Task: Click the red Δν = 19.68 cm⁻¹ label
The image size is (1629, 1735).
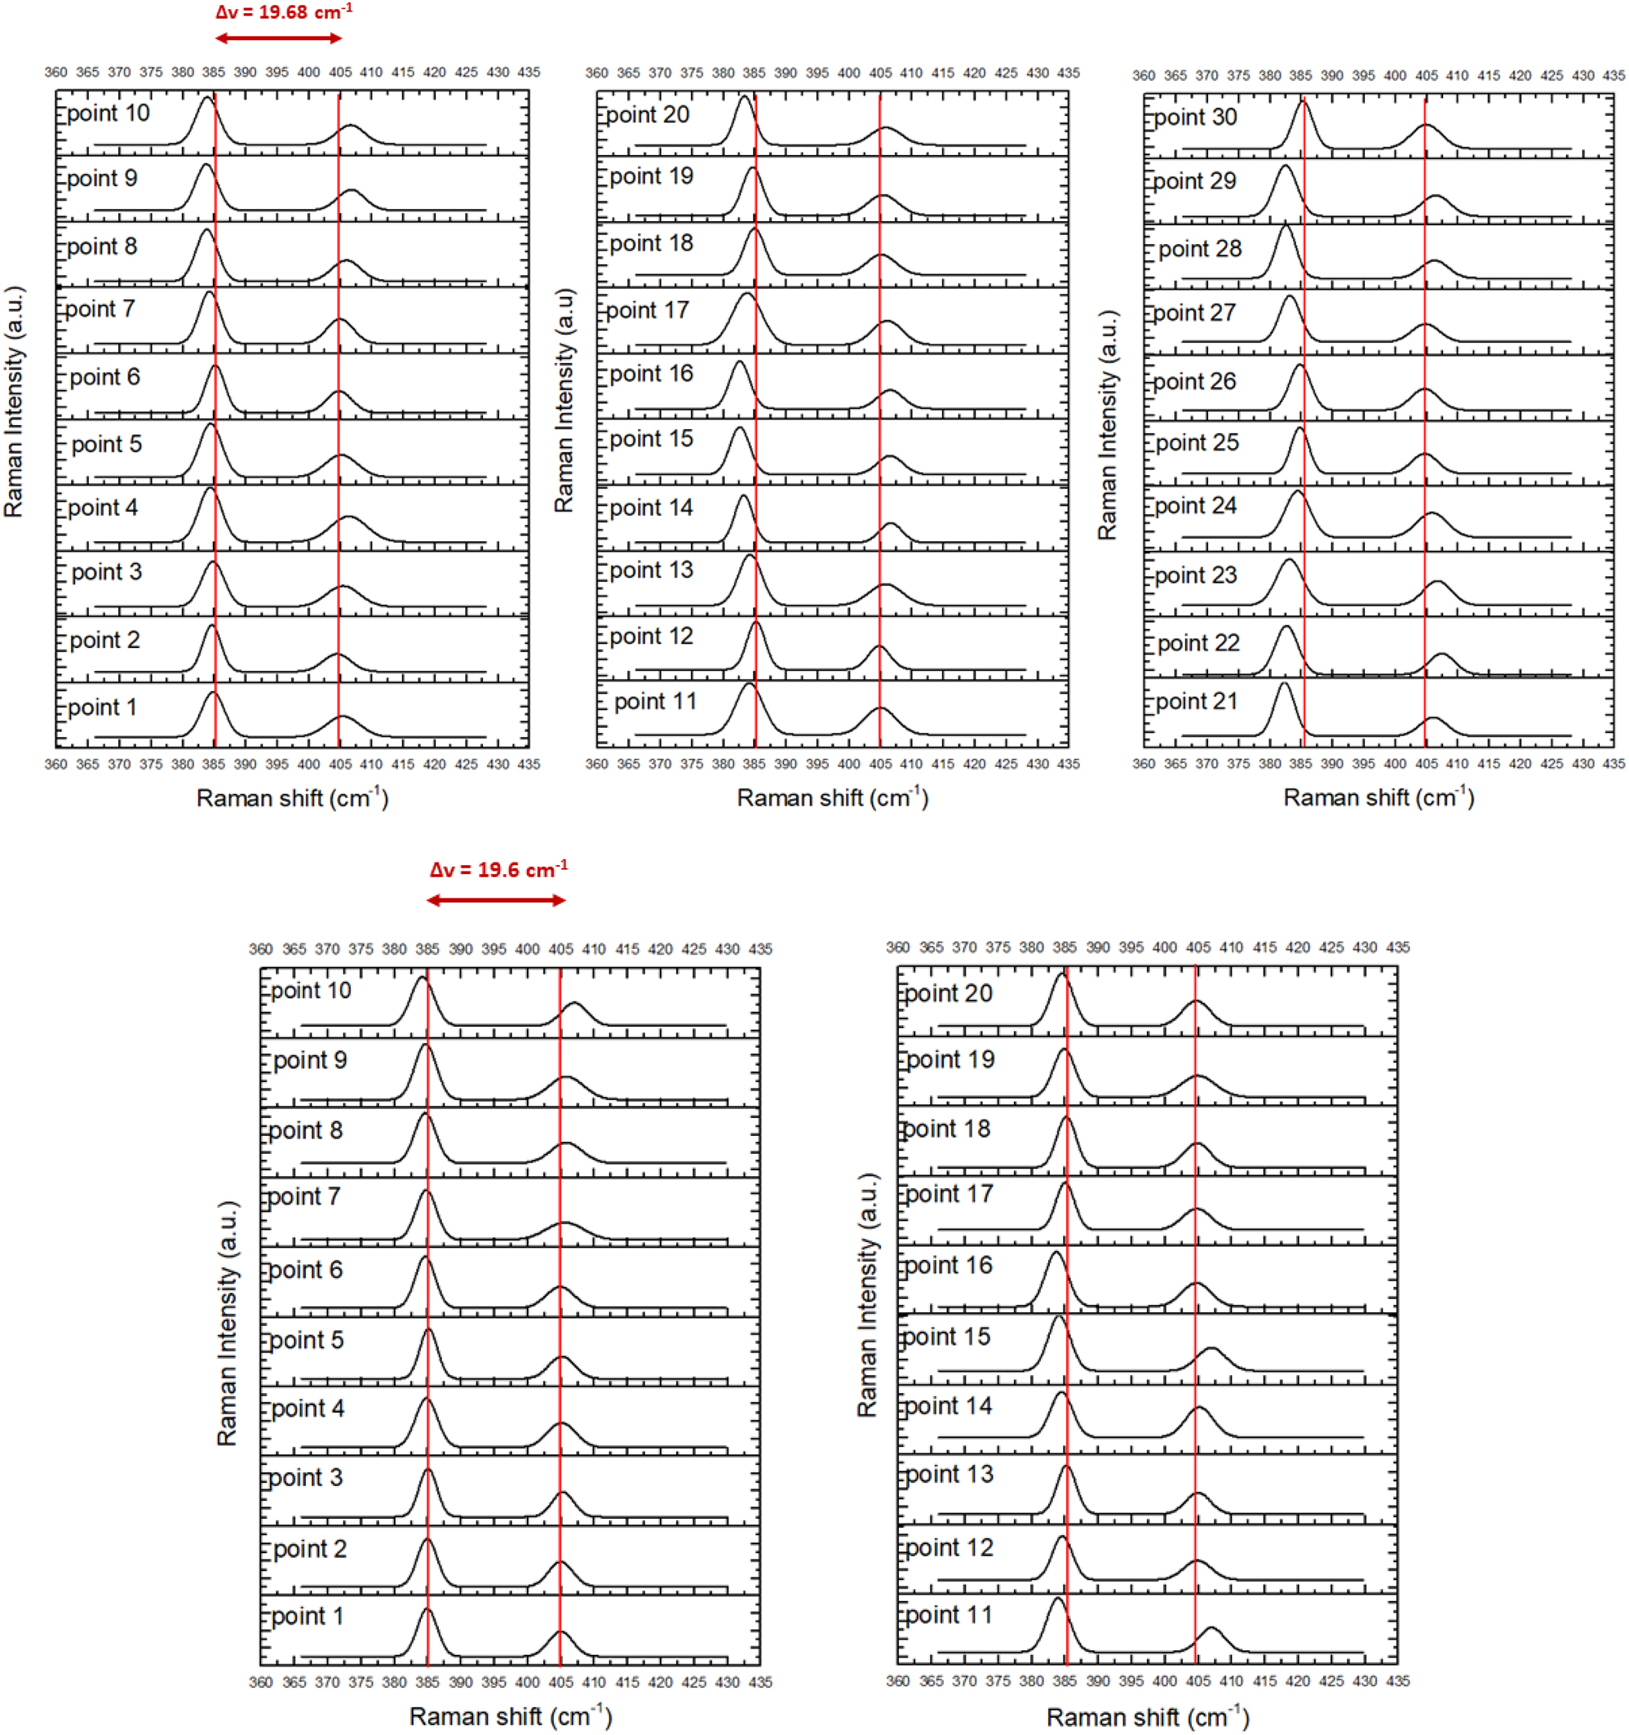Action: [284, 12]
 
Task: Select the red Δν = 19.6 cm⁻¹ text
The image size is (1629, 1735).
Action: [498, 870]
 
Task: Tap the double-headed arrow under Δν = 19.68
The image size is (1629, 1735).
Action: [278, 38]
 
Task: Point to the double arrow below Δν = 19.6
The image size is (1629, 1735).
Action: [496, 900]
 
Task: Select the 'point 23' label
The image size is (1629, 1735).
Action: [1195, 575]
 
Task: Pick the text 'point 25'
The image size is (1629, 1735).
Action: [1197, 443]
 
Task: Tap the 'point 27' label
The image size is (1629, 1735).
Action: [1193, 313]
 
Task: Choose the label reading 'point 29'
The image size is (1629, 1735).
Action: [1194, 181]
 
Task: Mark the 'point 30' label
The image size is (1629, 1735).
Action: [1195, 118]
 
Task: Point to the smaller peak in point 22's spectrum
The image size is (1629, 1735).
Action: [1441, 655]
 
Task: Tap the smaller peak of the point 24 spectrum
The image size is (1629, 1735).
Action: [1431, 514]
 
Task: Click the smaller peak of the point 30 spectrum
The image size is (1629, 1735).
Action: [1426, 126]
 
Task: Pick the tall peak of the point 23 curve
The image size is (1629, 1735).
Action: [1289, 561]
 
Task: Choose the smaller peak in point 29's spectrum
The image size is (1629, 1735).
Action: [1436, 197]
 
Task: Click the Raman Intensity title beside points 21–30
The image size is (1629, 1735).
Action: [1107, 425]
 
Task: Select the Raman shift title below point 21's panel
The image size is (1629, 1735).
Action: [1378, 797]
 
